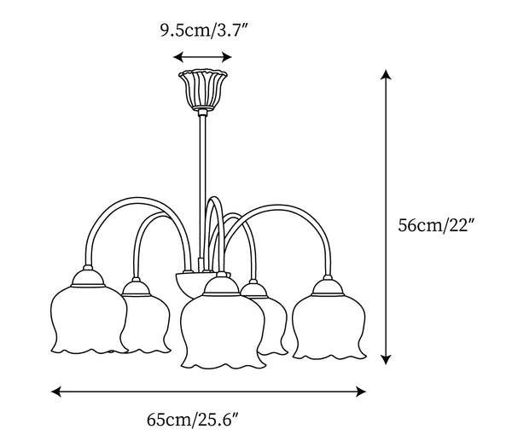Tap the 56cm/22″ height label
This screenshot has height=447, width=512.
click(436, 225)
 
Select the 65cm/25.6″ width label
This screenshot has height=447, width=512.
click(194, 419)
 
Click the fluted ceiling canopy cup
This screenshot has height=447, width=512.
click(203, 90)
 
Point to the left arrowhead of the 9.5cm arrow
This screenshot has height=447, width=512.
click(177, 57)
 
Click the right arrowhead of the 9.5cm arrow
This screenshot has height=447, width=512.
click(227, 57)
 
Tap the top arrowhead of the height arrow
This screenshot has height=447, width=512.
click(386, 74)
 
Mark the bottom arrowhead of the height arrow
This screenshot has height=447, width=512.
click(386, 359)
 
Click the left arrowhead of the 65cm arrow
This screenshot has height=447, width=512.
click(56, 392)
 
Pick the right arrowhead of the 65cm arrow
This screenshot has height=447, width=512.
click(361, 392)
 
